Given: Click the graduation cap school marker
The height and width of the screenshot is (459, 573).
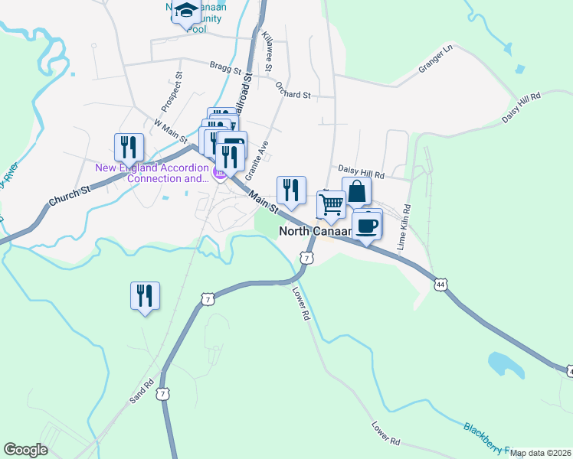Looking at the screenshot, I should click(185, 11).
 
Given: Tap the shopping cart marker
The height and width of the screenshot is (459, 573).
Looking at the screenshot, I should click(331, 205).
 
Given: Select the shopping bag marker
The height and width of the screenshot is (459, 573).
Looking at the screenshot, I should click(357, 191).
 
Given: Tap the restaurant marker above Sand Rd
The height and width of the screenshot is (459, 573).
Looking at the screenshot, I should click(145, 295).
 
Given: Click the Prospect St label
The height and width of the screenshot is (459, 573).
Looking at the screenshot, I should click(173, 90).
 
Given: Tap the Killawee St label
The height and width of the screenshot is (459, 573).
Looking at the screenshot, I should click(267, 52).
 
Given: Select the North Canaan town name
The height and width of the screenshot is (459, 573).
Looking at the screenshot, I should click(315, 230).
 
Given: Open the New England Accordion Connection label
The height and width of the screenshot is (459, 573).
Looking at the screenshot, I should click(152, 173).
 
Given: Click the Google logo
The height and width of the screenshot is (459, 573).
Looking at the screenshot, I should click(25, 450).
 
